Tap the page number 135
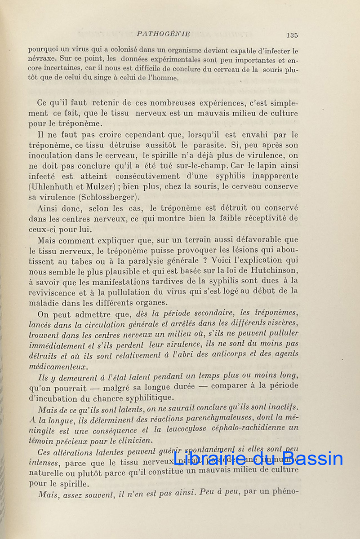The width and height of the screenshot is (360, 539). [x=291, y=35]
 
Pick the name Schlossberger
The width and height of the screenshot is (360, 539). [x=112, y=197]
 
